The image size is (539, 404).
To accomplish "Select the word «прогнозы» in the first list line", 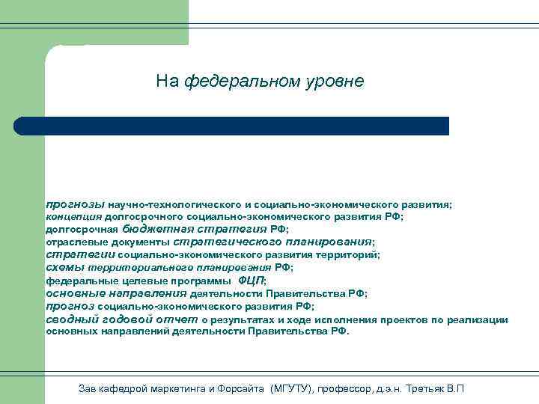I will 75,204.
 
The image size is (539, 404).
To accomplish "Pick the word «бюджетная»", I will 156,230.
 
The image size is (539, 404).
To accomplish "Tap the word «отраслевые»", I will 71,242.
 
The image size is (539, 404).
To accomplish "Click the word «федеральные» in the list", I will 79,281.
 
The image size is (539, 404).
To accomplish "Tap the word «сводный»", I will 68,319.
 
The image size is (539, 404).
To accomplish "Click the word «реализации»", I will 478,320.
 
